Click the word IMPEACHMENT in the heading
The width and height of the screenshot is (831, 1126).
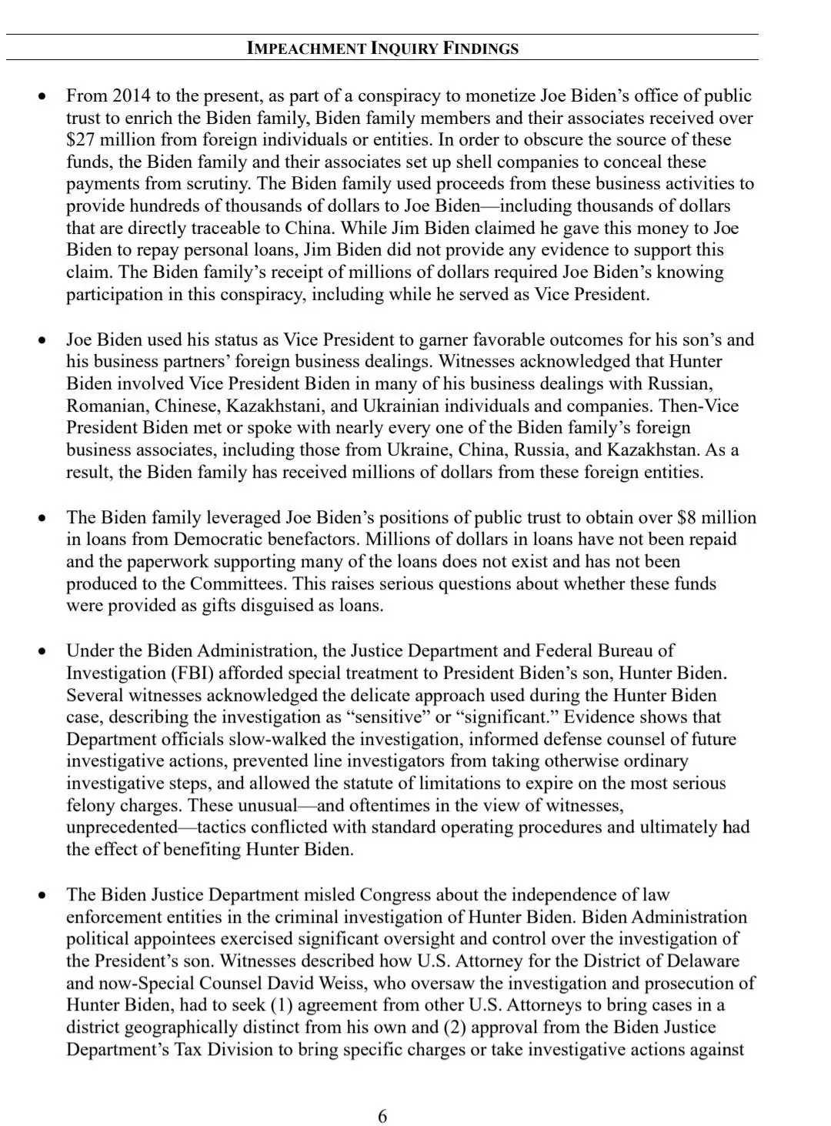(306, 48)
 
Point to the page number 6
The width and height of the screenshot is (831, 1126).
(382, 1116)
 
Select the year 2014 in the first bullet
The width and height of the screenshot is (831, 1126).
(132, 95)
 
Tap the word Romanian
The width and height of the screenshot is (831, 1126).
(107, 406)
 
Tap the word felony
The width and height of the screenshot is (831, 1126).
(90, 805)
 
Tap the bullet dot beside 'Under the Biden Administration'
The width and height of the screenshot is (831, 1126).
(42, 651)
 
